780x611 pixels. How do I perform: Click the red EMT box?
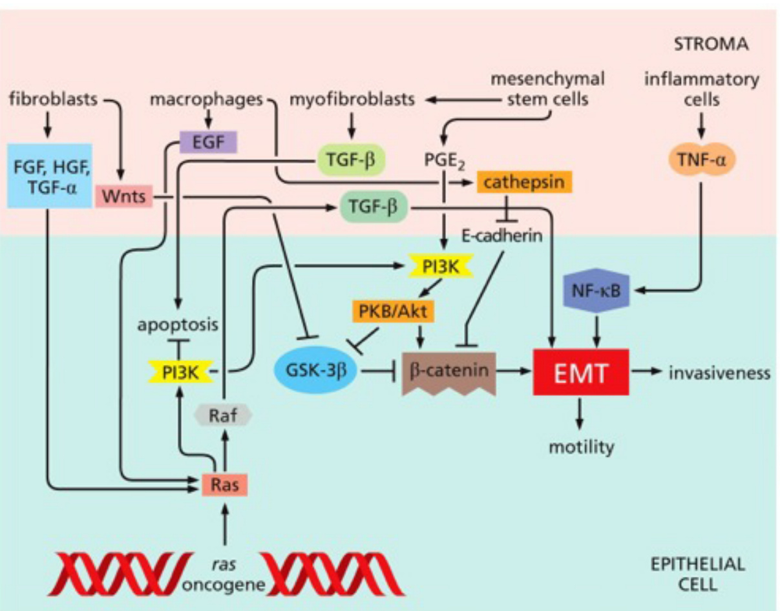(581, 372)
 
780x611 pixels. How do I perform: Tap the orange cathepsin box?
(524, 182)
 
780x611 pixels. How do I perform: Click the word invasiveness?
(719, 373)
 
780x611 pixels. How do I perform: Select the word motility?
(581, 446)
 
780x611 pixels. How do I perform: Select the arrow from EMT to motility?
(580, 413)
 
